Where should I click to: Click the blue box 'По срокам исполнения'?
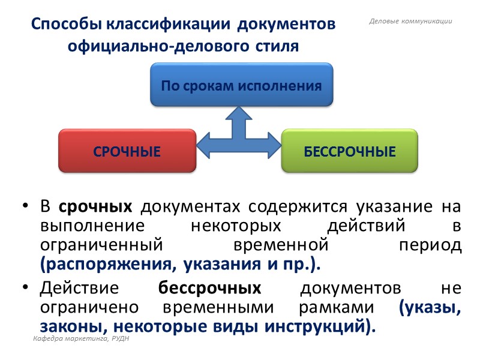coord(241,85)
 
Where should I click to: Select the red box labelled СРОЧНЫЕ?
coord(127,151)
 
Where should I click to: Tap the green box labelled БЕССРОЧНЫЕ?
coord(350,151)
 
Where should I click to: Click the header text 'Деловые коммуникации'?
coord(410,22)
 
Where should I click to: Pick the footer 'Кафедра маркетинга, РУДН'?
coord(81,340)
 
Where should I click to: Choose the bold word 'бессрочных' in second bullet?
coord(209,288)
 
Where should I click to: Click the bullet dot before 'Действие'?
coord(25,289)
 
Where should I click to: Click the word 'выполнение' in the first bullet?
coord(81,227)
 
